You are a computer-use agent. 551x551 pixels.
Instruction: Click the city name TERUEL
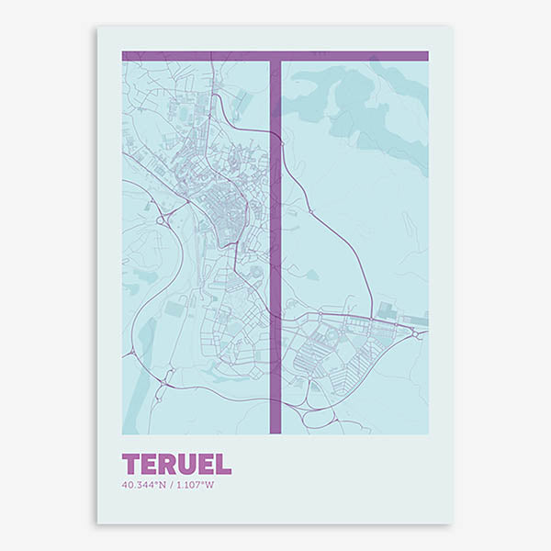(176, 464)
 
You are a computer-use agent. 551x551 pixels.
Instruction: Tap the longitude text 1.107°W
(193, 485)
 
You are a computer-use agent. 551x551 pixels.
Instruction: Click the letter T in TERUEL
(130, 464)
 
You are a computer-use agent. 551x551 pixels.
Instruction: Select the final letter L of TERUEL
(223, 464)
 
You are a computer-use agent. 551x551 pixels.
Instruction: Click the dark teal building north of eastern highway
(387, 309)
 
